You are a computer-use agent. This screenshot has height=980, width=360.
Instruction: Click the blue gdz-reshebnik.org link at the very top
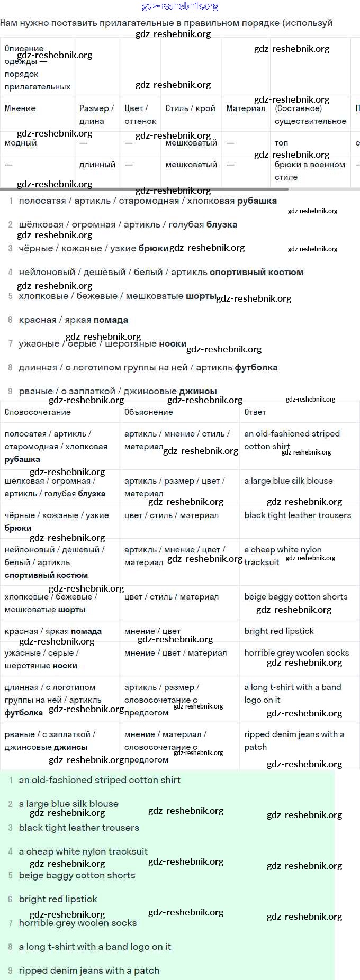click(x=180, y=6)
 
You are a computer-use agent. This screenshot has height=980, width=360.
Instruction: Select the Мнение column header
click(x=20, y=108)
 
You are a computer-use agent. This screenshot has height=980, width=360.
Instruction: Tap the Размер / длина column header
click(x=96, y=114)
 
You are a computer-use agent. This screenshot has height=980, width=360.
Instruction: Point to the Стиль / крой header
click(x=190, y=108)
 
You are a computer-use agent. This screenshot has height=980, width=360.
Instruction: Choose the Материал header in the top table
click(x=246, y=108)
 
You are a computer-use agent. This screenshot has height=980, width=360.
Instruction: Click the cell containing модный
click(x=21, y=143)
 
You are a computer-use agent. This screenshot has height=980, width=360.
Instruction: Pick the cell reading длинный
click(x=97, y=165)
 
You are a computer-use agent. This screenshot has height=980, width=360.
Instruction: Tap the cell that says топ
click(x=281, y=143)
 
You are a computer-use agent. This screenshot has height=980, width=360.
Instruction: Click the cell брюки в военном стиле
click(x=310, y=170)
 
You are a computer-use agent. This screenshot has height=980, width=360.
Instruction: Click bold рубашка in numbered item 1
click(x=257, y=201)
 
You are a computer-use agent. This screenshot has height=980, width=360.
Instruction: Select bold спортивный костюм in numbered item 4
click(x=256, y=273)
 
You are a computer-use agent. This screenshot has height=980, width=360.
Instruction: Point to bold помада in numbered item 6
click(x=112, y=320)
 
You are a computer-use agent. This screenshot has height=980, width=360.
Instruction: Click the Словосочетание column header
click(x=38, y=412)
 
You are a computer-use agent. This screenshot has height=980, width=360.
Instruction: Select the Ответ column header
click(x=255, y=412)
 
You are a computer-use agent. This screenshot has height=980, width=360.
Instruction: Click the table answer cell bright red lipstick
click(x=279, y=631)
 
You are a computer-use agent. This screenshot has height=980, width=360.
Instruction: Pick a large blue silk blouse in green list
click(x=69, y=804)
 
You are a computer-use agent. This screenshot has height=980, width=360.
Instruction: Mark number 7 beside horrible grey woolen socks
click(x=11, y=923)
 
